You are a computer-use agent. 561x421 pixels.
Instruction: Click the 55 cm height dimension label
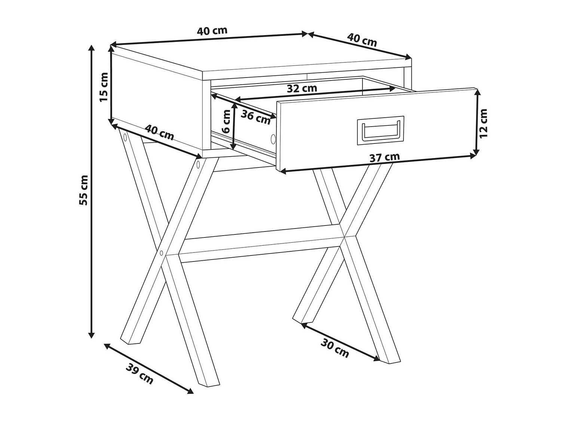(84, 190)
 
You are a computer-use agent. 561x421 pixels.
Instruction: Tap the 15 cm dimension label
(104, 87)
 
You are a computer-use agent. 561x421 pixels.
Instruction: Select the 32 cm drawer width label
(302, 88)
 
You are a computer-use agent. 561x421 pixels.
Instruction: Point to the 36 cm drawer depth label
(255, 118)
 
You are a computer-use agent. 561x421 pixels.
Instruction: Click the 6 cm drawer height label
(226, 121)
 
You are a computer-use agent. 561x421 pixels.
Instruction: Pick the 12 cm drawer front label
(483, 123)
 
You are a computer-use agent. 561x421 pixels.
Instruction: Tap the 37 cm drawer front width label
(384, 157)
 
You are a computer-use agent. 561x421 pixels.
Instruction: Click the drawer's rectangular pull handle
(380, 130)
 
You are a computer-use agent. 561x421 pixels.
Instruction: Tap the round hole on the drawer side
(273, 139)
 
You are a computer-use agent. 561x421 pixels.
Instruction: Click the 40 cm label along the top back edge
(212, 31)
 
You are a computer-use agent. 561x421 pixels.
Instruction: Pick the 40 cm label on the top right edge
(362, 40)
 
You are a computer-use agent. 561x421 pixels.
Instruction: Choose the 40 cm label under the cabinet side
(159, 133)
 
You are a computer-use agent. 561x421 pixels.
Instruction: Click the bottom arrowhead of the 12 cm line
(476, 152)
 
